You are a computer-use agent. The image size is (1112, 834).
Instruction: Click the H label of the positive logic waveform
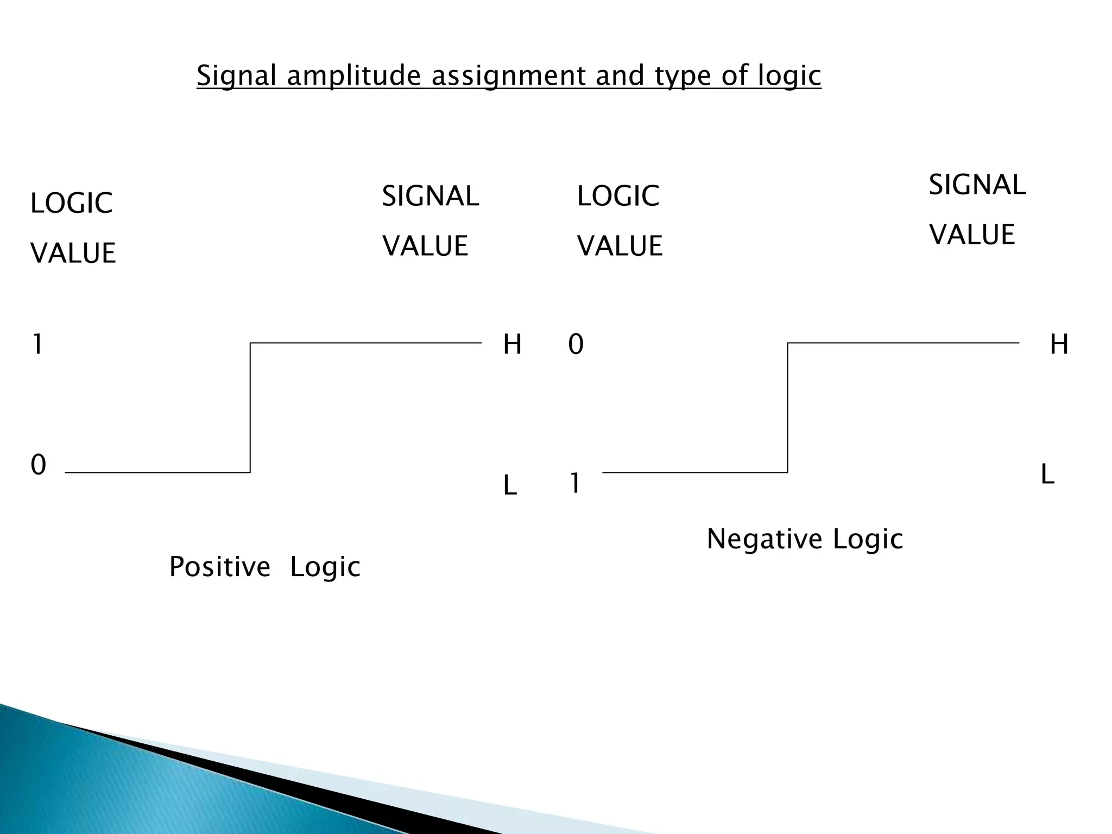click(x=512, y=344)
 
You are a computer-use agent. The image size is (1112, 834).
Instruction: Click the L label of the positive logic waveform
click(x=510, y=485)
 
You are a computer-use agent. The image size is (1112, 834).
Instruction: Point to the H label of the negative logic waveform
click(x=1059, y=344)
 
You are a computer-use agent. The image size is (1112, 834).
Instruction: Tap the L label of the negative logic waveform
click(x=1047, y=475)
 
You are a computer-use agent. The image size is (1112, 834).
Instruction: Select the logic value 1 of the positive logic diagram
click(x=37, y=344)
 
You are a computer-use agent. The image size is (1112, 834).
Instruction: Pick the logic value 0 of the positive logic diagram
click(x=38, y=465)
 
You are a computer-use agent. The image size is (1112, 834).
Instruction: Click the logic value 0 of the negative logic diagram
click(x=576, y=344)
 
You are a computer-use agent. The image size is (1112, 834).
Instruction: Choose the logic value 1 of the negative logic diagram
click(x=574, y=483)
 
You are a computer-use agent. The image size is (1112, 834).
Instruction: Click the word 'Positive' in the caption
click(x=219, y=567)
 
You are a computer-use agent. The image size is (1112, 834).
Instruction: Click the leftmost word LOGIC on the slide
click(x=71, y=203)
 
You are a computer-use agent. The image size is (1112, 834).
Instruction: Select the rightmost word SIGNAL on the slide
click(x=977, y=185)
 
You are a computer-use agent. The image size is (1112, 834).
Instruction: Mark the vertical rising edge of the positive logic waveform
click(x=250, y=407)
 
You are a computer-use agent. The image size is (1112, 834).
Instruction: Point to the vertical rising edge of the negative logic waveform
click(x=788, y=407)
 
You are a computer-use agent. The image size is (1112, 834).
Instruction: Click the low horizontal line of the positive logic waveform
click(x=157, y=472)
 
